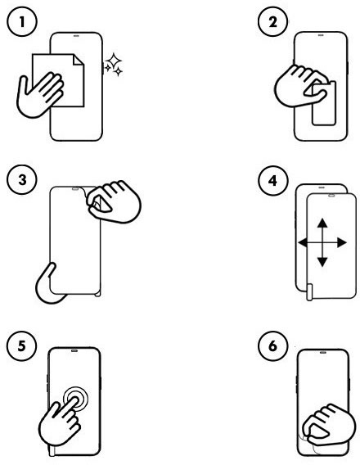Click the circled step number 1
22,22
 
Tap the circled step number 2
273,22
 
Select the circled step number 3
22,180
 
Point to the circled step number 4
273,180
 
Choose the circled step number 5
22,345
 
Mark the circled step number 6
273,345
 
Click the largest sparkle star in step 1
114,61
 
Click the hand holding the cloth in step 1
39,94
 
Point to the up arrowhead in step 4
322,223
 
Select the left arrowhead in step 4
303,243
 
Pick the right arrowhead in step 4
342,242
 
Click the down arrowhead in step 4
322,262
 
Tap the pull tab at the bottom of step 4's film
309,292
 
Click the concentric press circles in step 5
75,399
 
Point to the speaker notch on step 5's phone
74,350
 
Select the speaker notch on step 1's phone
76,35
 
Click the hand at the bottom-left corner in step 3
51,285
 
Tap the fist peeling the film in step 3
114,201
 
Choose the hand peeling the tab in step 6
329,425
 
